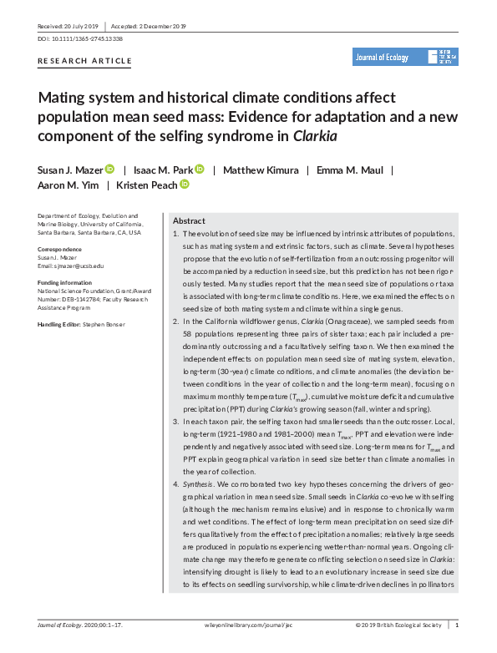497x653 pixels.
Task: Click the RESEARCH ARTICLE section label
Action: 85,61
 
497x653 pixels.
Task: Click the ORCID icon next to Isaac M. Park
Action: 200,170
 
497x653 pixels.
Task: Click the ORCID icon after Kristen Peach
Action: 185,185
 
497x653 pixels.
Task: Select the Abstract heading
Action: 189,220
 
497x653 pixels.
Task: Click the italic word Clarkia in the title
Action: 318,134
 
